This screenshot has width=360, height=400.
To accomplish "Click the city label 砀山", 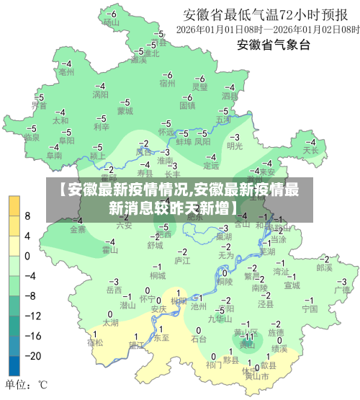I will point(110,22).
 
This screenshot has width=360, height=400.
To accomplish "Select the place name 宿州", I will point(168,84).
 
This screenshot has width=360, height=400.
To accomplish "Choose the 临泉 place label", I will point(31,136).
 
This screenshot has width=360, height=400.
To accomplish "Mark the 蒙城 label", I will point(125,111).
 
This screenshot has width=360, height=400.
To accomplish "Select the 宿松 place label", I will point(95,342).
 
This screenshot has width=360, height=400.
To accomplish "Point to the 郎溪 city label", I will point(325,267).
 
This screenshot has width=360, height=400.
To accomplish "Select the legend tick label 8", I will point(28,215).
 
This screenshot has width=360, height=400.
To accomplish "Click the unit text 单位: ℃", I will point(27,384).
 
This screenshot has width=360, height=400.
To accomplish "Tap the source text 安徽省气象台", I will point(274,45).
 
